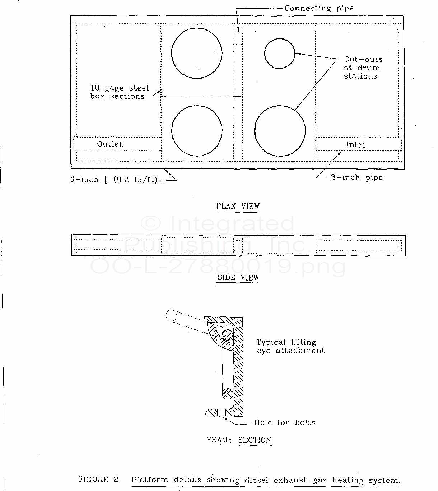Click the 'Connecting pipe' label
[x=319, y=8]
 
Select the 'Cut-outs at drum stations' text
[x=363, y=68]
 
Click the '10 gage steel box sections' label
[x=120, y=92]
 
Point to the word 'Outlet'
[x=110, y=144]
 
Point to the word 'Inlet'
[x=356, y=145]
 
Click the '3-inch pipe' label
[x=357, y=177]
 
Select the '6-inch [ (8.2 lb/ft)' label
[x=114, y=180]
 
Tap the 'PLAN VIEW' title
[x=238, y=206]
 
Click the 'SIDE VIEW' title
[x=238, y=278]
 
